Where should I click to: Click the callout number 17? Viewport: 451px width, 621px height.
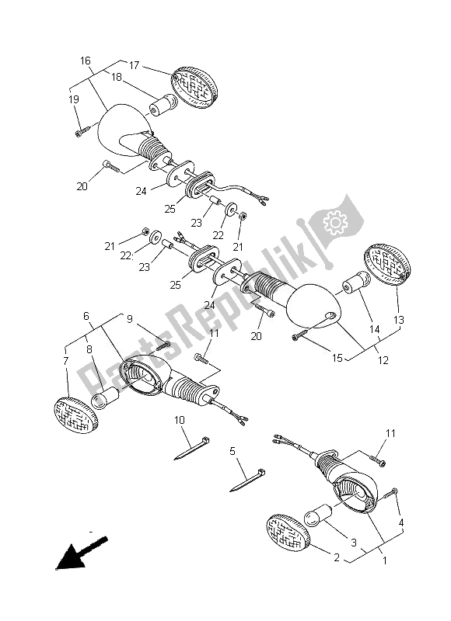coord(134,65)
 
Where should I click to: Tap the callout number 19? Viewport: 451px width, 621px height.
coord(74,99)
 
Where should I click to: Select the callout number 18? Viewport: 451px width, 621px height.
coord(116,77)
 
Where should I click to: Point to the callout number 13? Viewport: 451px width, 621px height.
coord(399,320)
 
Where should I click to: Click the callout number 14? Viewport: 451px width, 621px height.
coord(375,329)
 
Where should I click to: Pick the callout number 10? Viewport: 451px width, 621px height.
coord(180,420)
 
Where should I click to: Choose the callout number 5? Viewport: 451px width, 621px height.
coord(232,451)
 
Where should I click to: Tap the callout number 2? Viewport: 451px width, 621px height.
coord(337,557)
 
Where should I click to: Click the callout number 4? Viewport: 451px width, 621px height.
coord(401,522)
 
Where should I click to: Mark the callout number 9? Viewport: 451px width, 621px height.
coord(130,319)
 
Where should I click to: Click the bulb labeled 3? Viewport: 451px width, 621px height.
coord(318,515)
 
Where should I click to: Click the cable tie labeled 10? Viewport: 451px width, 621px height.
coord(191,449)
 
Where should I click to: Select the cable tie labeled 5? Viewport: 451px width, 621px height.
coord(247,480)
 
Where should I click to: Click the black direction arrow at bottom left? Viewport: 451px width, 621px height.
coord(82,553)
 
